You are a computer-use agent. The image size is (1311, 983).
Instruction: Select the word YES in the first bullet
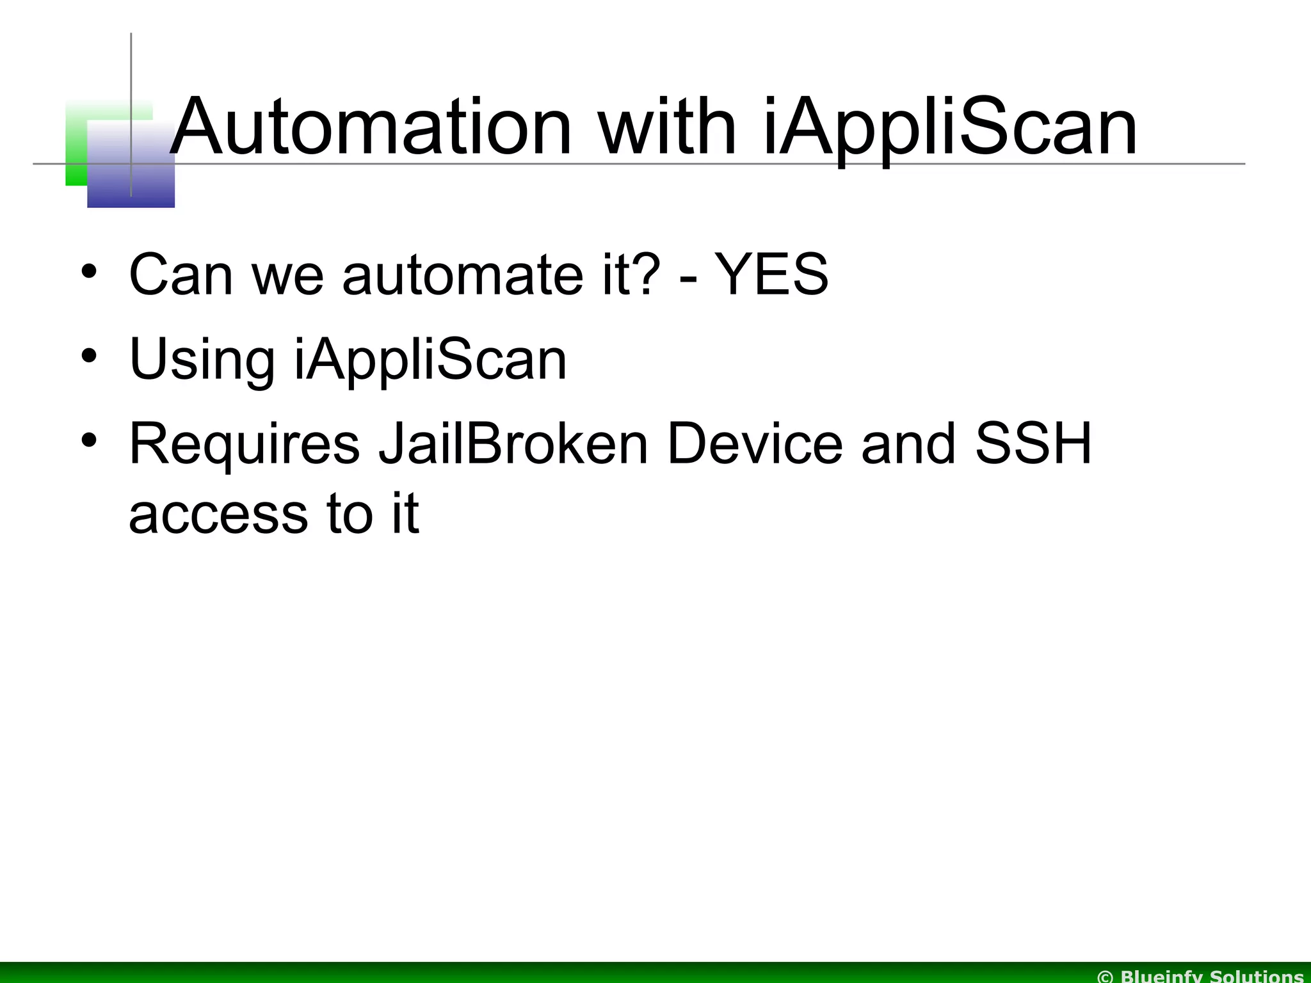point(771,275)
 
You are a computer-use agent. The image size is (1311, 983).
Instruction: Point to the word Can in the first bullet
point(181,275)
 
